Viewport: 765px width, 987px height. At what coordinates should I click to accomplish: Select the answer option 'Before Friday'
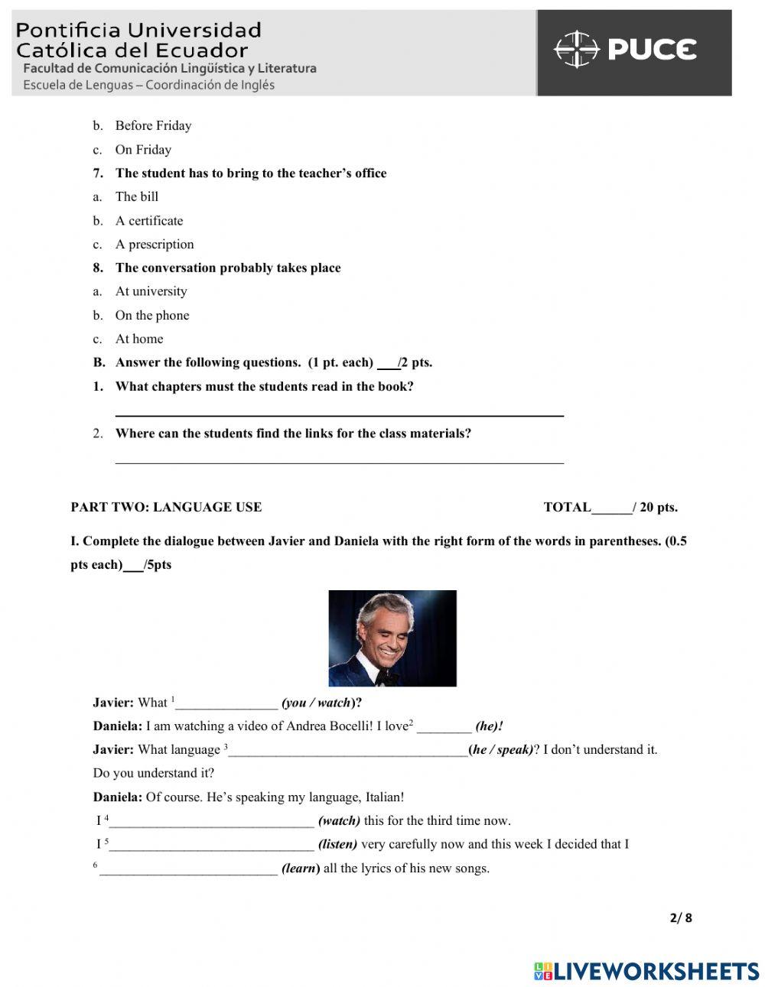(x=153, y=125)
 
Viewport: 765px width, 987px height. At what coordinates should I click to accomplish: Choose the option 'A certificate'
(x=149, y=221)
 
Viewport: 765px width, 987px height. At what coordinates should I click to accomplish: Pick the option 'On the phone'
(x=151, y=316)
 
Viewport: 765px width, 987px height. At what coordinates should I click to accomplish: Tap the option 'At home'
(x=138, y=339)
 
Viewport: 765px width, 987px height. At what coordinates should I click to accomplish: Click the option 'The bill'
(x=137, y=197)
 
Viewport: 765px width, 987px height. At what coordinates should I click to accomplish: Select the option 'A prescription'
(x=155, y=245)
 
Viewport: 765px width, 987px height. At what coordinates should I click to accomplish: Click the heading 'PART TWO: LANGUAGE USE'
(x=166, y=507)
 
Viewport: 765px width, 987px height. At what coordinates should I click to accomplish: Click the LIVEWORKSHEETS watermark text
(x=656, y=971)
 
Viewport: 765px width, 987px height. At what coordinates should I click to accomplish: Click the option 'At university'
(x=151, y=291)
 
